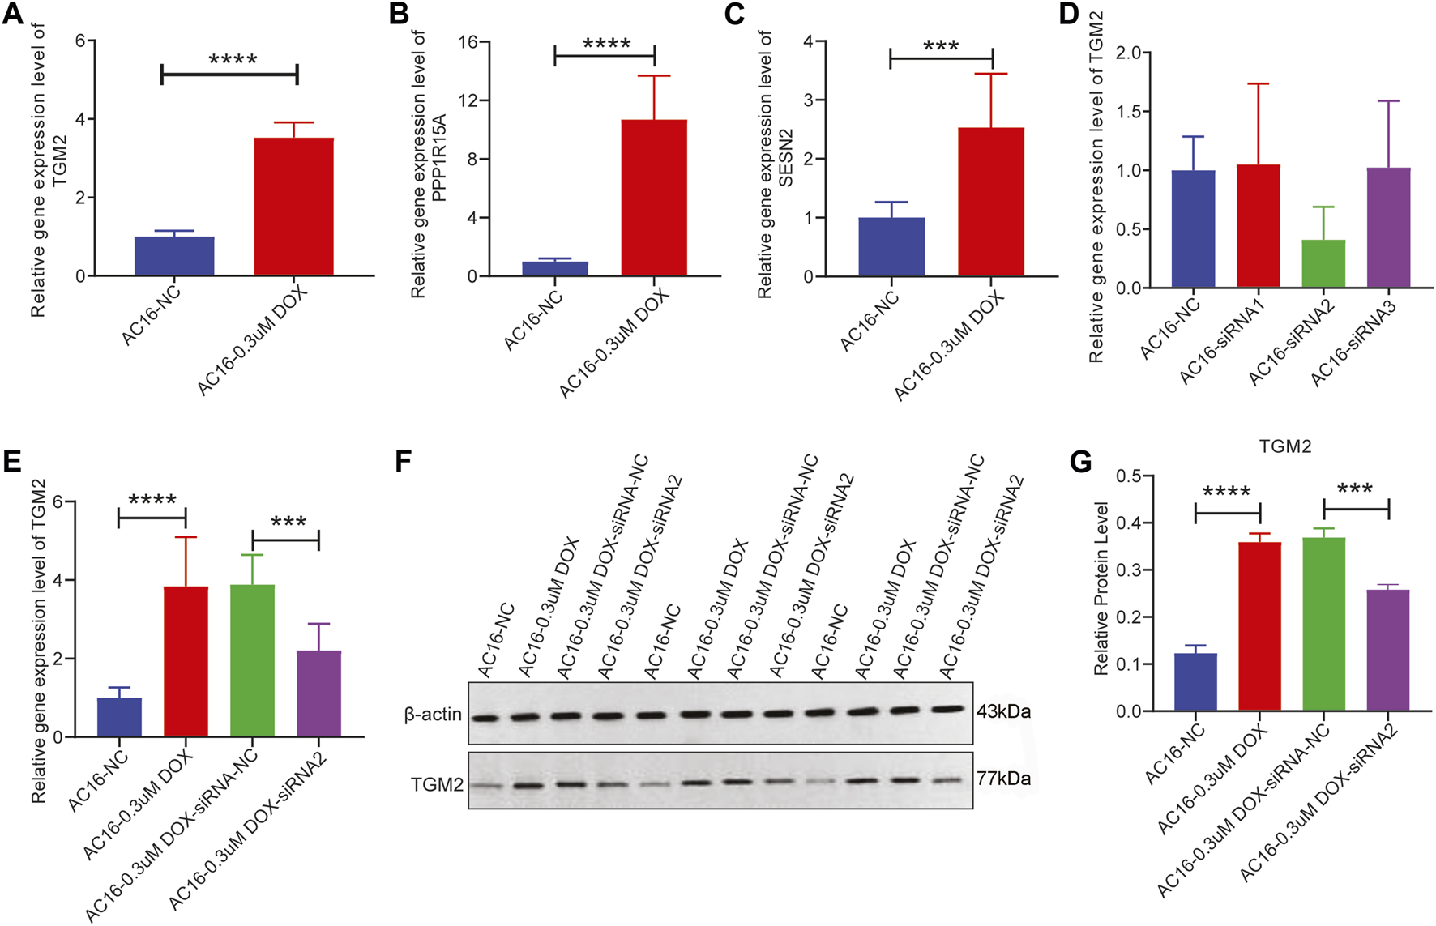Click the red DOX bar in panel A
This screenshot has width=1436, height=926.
[x=293, y=207]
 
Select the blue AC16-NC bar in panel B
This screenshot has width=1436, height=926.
[x=554, y=268]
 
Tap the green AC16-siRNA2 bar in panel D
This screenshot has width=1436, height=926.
[x=1323, y=263]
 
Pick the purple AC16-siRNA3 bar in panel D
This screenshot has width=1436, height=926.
[x=1388, y=228]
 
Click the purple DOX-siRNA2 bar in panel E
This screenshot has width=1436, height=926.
[x=318, y=693]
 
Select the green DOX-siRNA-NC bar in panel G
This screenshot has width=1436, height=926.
[x=1323, y=624]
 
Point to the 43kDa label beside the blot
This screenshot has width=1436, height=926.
[x=1003, y=712]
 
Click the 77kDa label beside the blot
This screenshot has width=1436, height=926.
[x=1003, y=779]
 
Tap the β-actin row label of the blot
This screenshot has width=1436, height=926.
[x=433, y=715]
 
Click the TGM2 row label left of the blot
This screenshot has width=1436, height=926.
[x=437, y=784]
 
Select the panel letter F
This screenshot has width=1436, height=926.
[x=403, y=462]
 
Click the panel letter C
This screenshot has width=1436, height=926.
[x=733, y=15]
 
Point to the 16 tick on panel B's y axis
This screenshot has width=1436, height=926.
[x=468, y=42]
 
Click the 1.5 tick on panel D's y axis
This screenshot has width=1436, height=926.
[x=1134, y=112]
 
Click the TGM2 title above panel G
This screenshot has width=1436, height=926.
[x=1285, y=446]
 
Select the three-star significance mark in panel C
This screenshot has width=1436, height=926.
[x=941, y=46]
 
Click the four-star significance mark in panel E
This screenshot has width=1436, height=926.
[x=152, y=500]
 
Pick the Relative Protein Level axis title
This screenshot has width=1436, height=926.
[x=1101, y=589]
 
